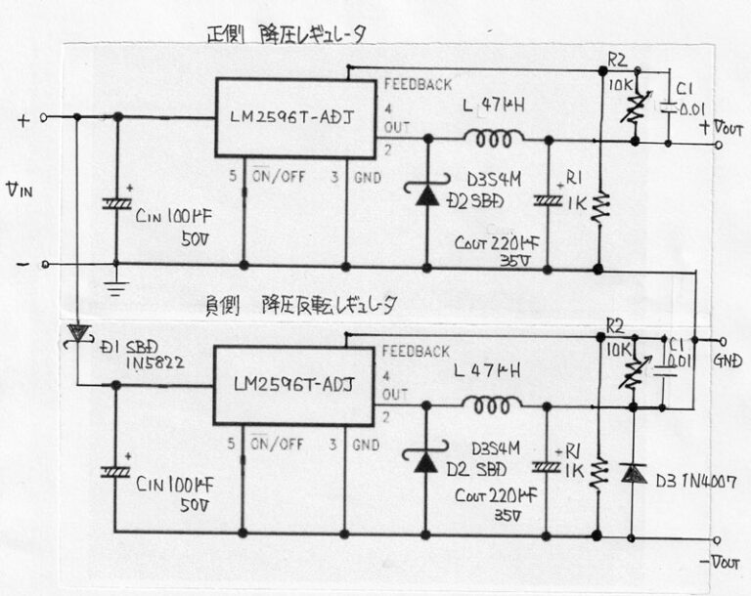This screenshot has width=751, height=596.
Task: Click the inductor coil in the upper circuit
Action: click(494, 136)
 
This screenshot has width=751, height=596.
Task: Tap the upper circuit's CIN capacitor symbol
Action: click(117, 205)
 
